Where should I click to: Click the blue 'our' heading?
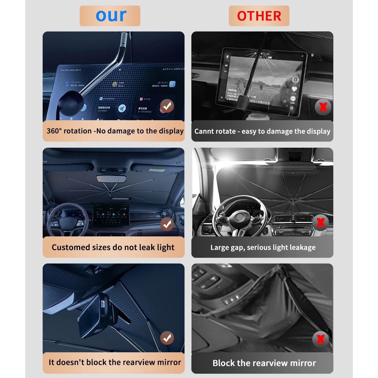click(x=111, y=16)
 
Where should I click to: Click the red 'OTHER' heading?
click(x=259, y=16)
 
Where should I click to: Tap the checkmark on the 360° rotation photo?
click(x=167, y=106)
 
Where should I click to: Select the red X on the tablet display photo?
click(x=323, y=107)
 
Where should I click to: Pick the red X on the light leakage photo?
click(x=321, y=223)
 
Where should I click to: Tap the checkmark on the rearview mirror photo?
click(x=167, y=338)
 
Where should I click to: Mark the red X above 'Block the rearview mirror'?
click(x=321, y=339)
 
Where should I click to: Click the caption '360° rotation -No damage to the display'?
click(x=115, y=131)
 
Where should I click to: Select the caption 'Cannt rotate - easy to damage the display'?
click(x=262, y=131)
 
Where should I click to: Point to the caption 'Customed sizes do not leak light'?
click(x=113, y=247)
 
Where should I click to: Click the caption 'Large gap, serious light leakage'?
click(x=263, y=247)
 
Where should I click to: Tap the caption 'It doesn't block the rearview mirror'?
click(x=115, y=362)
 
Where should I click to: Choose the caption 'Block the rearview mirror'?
click(x=264, y=363)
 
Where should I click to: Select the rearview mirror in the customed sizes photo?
click(x=111, y=179)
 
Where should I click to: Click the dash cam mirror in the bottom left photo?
click(x=94, y=316)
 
